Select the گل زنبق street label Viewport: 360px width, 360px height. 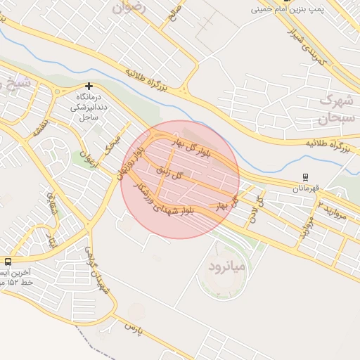(x=169, y=172)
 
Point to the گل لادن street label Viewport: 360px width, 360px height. (x=257, y=210)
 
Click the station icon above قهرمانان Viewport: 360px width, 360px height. (x=304, y=177)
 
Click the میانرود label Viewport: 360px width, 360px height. (x=226, y=266)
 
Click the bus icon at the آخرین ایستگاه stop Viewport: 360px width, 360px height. (x=8, y=260)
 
